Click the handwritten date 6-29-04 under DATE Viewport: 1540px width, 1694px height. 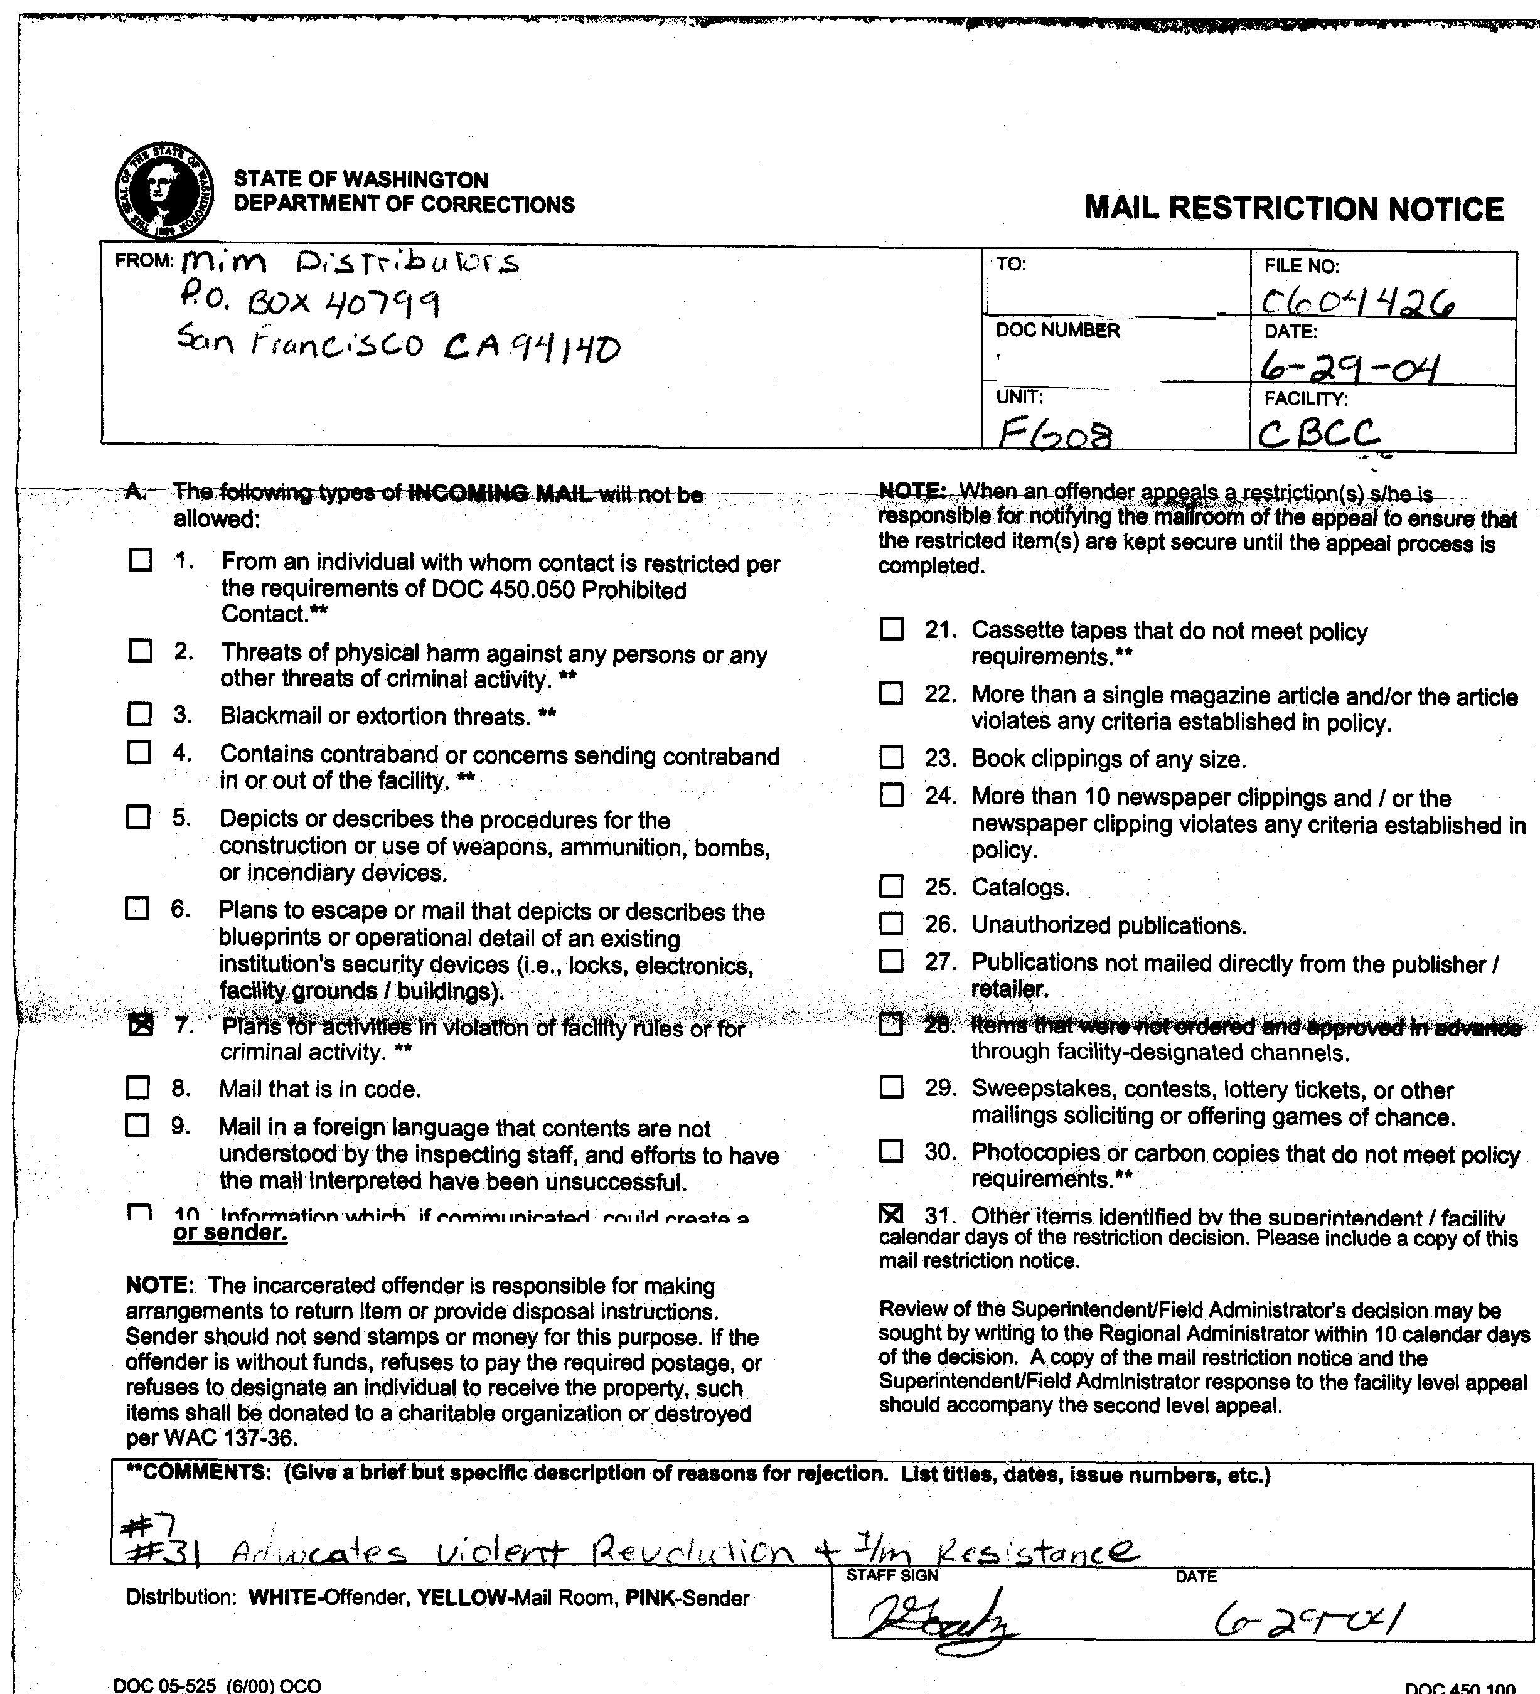tap(1351, 367)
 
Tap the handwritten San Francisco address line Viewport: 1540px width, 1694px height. tap(398, 344)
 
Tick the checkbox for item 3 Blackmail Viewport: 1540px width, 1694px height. tap(139, 714)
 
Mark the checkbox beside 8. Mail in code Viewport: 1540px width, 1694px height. tap(137, 1088)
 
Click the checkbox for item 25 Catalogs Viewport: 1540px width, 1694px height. tap(891, 887)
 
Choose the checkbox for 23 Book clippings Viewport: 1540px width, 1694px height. tap(891, 757)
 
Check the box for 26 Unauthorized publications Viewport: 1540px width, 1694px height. tap(891, 924)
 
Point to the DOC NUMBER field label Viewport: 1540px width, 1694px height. tap(1057, 330)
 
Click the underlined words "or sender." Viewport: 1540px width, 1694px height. tap(230, 1233)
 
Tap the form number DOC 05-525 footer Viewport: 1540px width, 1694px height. tap(217, 1685)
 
